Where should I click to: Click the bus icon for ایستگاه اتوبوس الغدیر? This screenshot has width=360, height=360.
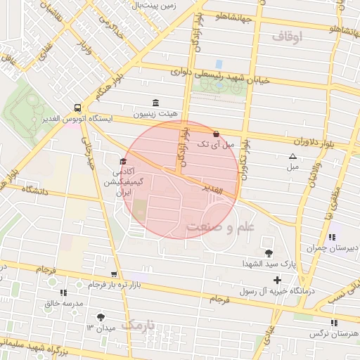[77, 108]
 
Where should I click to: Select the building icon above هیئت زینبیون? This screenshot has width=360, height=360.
[155, 103]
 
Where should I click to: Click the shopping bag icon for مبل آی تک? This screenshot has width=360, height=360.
[216, 133]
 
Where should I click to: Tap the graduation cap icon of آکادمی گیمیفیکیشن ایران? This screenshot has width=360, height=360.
[123, 162]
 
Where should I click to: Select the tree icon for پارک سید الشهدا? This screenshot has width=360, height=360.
[268, 252]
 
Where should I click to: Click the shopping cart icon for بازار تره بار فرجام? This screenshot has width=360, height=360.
[114, 274]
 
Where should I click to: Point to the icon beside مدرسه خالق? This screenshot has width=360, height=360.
[63, 292]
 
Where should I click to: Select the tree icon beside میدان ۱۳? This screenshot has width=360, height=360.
[102, 317]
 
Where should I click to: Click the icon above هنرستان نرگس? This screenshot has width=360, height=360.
[333, 322]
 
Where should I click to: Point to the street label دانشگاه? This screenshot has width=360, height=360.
[38, 190]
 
